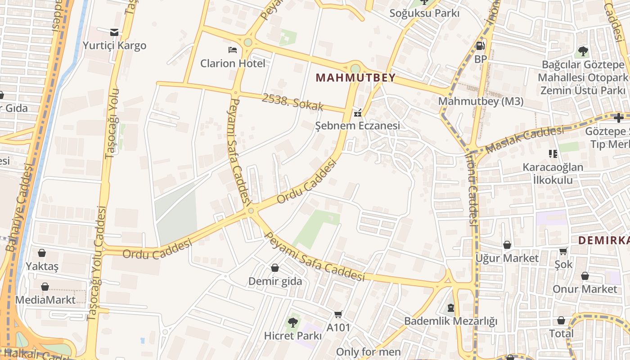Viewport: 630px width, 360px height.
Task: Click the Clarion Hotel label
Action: pyautogui.click(x=233, y=63)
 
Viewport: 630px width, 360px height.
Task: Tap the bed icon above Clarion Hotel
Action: pyautogui.click(x=232, y=49)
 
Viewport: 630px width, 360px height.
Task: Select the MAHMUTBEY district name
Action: pyautogui.click(x=355, y=78)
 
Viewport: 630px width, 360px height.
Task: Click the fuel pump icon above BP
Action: pyautogui.click(x=480, y=45)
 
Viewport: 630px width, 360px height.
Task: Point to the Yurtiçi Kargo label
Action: pyautogui.click(x=114, y=45)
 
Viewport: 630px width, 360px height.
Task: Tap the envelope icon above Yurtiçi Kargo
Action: pyautogui.click(x=114, y=32)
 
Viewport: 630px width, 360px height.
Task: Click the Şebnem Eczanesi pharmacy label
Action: pyautogui.click(x=357, y=126)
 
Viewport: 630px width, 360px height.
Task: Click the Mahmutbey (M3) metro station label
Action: pyautogui.click(x=481, y=101)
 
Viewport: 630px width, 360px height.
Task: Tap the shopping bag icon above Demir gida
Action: pyautogui.click(x=275, y=268)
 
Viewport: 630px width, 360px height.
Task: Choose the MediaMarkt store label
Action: pyautogui.click(x=45, y=300)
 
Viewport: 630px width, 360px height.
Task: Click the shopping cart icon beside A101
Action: pyautogui.click(x=338, y=315)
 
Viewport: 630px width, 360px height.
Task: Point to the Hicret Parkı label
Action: pyautogui.click(x=292, y=336)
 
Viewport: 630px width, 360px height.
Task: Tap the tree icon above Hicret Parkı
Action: pyautogui.click(x=292, y=322)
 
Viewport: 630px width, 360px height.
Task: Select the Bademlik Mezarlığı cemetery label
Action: pyautogui.click(x=450, y=321)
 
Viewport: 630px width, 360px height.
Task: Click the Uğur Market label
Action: pyautogui.click(x=507, y=258)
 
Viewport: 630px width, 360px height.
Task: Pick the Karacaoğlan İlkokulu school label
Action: pyautogui.click(x=553, y=174)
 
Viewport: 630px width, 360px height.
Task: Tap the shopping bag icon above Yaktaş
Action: pyautogui.click(x=42, y=253)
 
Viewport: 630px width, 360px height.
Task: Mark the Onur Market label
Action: pyautogui.click(x=585, y=289)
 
